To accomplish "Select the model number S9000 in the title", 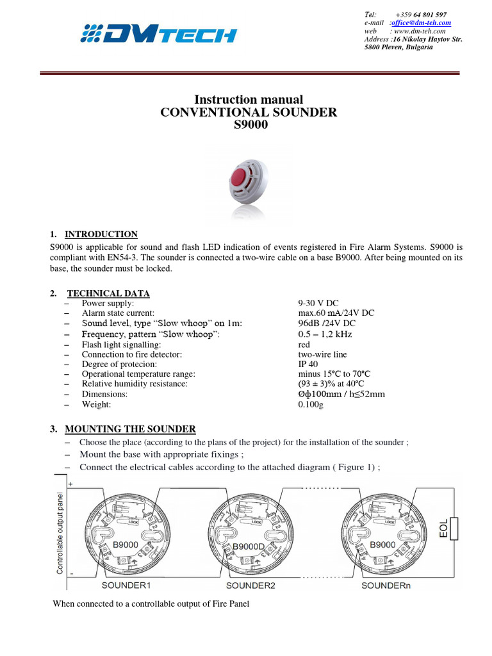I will click(x=248, y=125).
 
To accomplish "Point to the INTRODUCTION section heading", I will click(x=102, y=234).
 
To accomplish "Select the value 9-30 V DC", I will click(x=318, y=303).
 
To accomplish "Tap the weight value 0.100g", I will click(x=312, y=404).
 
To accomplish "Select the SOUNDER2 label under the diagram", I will click(x=250, y=586).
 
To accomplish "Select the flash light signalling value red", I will click(x=304, y=344).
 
